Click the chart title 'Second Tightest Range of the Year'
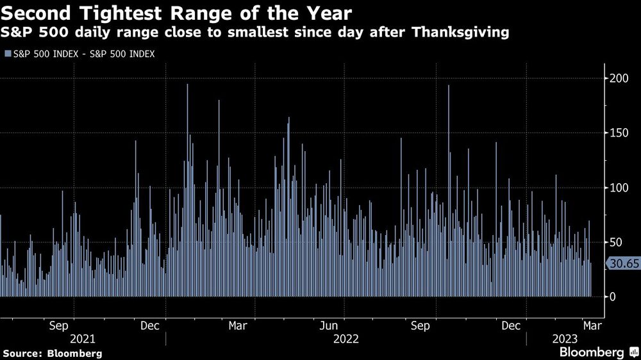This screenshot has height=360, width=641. pyautogui.click(x=176, y=12)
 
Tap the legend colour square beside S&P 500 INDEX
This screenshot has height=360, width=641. pyautogui.click(x=8, y=54)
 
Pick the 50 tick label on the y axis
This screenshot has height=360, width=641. pyautogui.click(x=615, y=242)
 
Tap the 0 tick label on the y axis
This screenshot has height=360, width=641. pyautogui.click(x=612, y=297)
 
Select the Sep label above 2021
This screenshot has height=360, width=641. pyautogui.click(x=59, y=326)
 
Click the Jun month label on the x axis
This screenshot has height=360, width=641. pyautogui.click(x=329, y=326)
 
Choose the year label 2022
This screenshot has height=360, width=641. pyautogui.click(x=345, y=338)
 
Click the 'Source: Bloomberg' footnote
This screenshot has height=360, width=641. pyautogui.click(x=53, y=353)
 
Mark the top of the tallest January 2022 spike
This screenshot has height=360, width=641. pyautogui.click(x=187, y=85)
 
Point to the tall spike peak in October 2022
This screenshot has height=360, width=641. pyautogui.click(x=449, y=86)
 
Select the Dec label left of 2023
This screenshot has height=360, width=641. pyautogui.click(x=510, y=326)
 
